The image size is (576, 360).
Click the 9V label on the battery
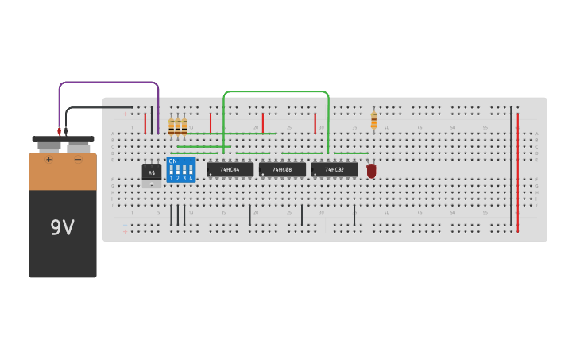(62, 228)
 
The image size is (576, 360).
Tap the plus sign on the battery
(48, 160)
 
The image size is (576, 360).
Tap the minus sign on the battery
(78, 160)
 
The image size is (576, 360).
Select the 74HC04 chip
(230, 169)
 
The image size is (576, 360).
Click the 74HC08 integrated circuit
(282, 169)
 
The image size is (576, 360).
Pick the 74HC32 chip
(334, 169)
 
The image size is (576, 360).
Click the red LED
(371, 170)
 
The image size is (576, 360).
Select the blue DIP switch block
(181, 170)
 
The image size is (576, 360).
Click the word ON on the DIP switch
(172, 161)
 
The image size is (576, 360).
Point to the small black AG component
(151, 172)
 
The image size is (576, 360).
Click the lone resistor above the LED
(374, 120)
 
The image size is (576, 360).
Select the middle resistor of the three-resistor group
(178, 126)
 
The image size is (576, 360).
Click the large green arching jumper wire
(276, 92)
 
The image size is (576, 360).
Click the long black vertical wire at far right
(511, 167)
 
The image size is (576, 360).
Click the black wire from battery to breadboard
(99, 107)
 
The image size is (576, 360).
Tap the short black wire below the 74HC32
(354, 215)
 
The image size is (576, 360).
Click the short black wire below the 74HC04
(249, 215)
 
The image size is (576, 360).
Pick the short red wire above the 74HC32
(315, 122)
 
